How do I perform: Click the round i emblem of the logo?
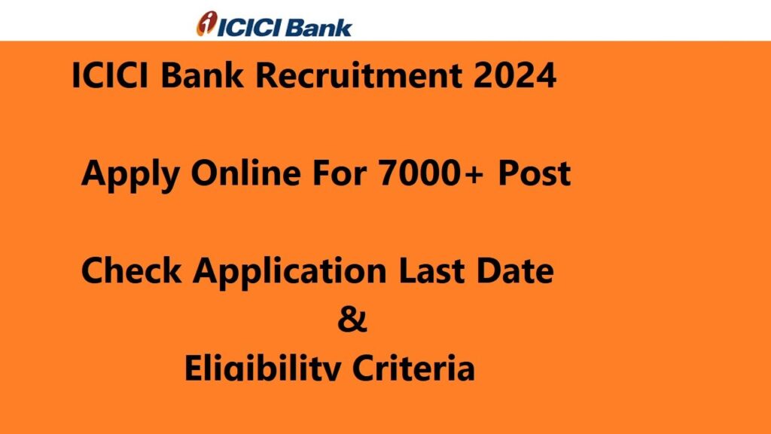pyautogui.click(x=206, y=23)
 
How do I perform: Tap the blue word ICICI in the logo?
pyautogui.click(x=249, y=28)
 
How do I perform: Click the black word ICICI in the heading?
pyautogui.click(x=110, y=76)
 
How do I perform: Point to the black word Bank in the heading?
pyautogui.click(x=202, y=75)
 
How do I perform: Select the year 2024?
pyautogui.click(x=515, y=76)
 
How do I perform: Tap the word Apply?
pyautogui.click(x=130, y=175)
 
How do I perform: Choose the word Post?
pyautogui.click(x=535, y=173)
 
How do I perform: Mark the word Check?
pyautogui.click(x=131, y=270)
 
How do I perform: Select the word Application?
pyautogui.click(x=290, y=273)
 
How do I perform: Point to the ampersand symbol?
pyautogui.click(x=352, y=319)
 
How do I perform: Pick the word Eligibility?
pyautogui.click(x=262, y=368)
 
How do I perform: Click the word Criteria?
pyautogui.click(x=413, y=368)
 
